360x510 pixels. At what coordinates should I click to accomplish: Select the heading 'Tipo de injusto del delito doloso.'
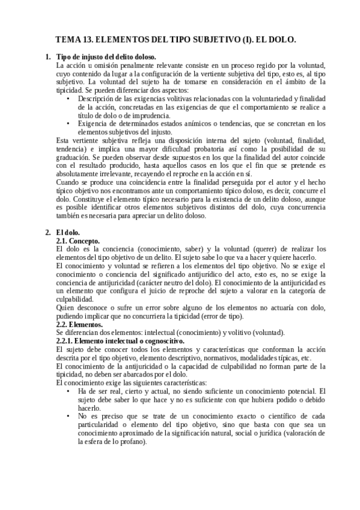pos(106,57)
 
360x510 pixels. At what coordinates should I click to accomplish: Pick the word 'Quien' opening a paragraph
pos(64,306)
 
